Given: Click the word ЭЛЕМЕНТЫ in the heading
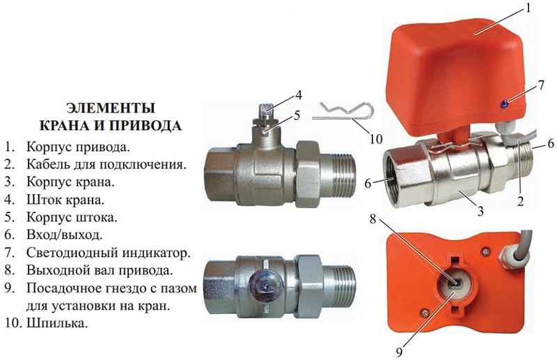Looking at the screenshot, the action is click(x=111, y=108).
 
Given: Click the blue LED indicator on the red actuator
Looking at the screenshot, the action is click(x=504, y=104).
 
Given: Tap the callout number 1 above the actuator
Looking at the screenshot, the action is click(x=528, y=8).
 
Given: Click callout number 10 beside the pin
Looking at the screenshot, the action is click(x=375, y=139).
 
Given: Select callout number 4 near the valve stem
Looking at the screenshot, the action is click(x=298, y=95).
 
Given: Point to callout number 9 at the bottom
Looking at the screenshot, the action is click(x=399, y=352).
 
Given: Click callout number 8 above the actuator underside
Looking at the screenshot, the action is click(x=372, y=219).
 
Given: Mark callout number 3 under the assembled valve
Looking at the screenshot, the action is click(x=480, y=212).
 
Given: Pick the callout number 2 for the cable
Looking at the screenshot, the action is click(x=520, y=201).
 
